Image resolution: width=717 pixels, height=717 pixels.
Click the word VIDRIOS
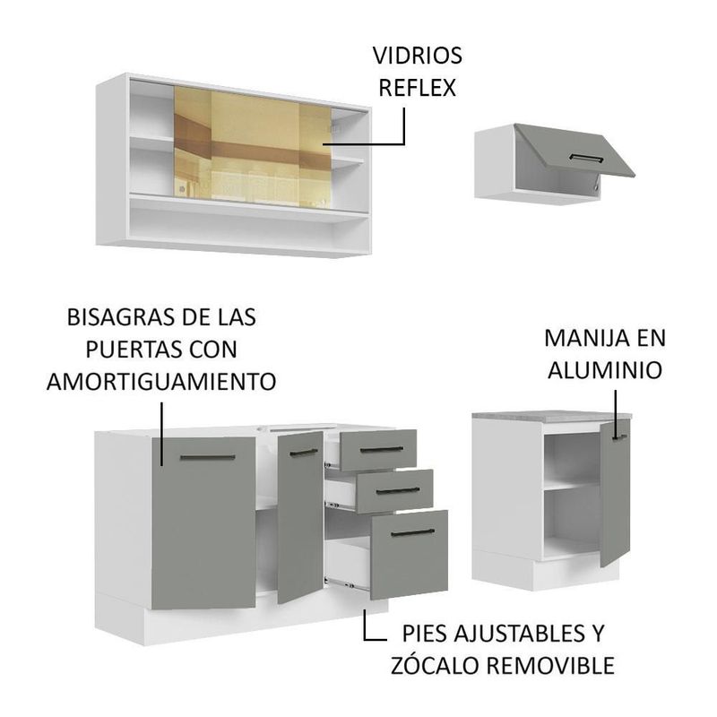[417, 56]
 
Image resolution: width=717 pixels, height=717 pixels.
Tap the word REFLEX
[417, 88]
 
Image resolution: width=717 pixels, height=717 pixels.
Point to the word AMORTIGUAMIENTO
[161, 382]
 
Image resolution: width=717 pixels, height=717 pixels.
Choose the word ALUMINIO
[605, 370]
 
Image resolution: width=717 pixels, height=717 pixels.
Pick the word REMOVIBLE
[550, 666]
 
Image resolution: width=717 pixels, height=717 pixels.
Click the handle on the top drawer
[382, 450]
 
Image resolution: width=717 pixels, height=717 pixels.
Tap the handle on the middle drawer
[397, 490]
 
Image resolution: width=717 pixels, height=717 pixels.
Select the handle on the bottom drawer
[413, 532]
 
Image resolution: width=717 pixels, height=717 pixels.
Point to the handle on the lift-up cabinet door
[586, 158]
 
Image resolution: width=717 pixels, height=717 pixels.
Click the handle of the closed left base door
[208, 457]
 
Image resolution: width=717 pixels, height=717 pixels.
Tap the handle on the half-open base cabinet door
[304, 453]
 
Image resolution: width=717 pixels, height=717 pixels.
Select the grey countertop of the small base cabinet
[552, 416]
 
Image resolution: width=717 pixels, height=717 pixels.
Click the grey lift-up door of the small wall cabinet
[574, 150]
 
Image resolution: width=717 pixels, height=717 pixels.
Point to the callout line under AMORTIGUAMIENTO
[162, 434]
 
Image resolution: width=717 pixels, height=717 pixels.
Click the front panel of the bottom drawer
[410, 554]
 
